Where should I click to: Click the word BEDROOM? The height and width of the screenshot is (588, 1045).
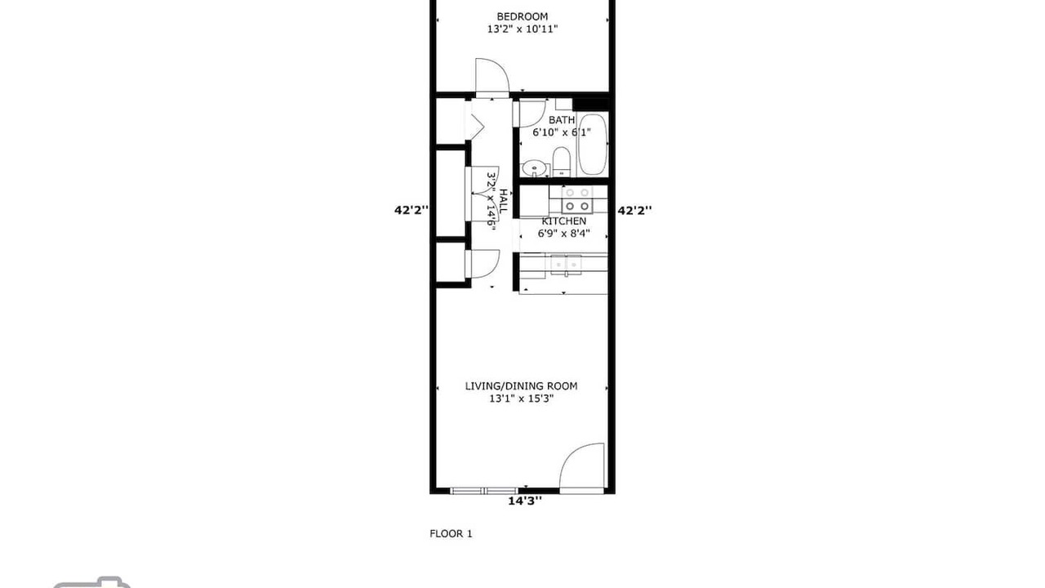pyautogui.click(x=522, y=17)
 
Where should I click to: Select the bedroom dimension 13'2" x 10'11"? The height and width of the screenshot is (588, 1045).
pyautogui.click(x=522, y=29)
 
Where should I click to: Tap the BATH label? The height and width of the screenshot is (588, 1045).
pyautogui.click(x=562, y=120)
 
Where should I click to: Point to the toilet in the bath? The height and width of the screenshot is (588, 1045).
pyautogui.click(x=561, y=162)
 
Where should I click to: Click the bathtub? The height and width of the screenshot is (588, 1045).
pyautogui.click(x=593, y=145)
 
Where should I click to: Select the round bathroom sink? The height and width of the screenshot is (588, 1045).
pyautogui.click(x=534, y=167)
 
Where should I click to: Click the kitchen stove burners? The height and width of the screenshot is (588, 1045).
pyautogui.click(x=577, y=199)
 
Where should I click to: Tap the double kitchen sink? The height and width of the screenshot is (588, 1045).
pyautogui.click(x=566, y=265)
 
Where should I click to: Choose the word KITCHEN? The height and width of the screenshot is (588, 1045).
pyautogui.click(x=564, y=220)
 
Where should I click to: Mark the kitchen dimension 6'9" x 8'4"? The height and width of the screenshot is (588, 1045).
pyautogui.click(x=564, y=233)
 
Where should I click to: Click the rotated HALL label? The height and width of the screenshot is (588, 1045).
pyautogui.click(x=503, y=202)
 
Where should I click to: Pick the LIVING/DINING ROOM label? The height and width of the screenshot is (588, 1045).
pyautogui.click(x=521, y=386)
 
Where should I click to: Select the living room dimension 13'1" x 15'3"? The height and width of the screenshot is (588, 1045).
pyautogui.click(x=521, y=399)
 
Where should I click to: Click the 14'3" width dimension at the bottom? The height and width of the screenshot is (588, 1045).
pyautogui.click(x=525, y=501)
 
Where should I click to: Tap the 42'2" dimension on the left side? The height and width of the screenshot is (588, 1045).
pyautogui.click(x=411, y=210)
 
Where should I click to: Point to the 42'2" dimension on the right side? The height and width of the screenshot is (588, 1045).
pyautogui.click(x=634, y=211)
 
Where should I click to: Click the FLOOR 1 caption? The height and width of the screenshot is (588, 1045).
pyautogui.click(x=451, y=533)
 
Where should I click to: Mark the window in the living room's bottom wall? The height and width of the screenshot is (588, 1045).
pyautogui.click(x=484, y=491)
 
